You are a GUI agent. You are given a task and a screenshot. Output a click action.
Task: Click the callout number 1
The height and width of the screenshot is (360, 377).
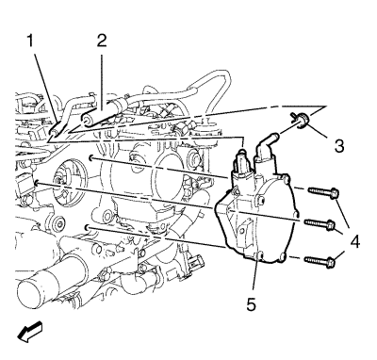(30, 41)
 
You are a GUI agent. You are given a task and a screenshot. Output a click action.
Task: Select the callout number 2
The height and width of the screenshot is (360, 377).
(101, 41)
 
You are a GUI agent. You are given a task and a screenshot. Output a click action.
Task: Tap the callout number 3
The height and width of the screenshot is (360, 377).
(339, 146)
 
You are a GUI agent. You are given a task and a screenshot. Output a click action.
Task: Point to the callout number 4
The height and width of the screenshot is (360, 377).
(354, 242)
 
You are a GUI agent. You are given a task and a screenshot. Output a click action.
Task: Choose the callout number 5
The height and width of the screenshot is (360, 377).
(251, 304)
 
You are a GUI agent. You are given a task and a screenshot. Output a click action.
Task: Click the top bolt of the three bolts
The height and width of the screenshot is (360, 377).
(323, 191)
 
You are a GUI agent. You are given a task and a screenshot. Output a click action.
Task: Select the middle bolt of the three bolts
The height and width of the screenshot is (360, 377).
(320, 223)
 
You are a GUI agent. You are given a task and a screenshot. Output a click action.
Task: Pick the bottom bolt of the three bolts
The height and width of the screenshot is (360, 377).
(320, 260)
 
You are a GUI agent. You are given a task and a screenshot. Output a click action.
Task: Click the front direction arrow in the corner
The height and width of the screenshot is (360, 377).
(29, 333)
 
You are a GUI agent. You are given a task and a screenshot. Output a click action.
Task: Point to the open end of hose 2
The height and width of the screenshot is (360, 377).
(86, 121)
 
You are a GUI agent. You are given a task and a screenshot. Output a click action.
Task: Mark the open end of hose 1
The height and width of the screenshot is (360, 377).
(53, 133)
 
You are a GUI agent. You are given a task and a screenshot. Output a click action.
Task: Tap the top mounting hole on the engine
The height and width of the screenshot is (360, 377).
(90, 158)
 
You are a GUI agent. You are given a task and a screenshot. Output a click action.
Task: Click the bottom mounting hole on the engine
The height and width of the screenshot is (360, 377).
(87, 226)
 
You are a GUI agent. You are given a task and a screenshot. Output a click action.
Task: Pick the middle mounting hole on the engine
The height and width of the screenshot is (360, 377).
(36, 183)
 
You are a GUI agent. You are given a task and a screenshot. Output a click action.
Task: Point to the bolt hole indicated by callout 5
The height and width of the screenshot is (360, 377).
(259, 254)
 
